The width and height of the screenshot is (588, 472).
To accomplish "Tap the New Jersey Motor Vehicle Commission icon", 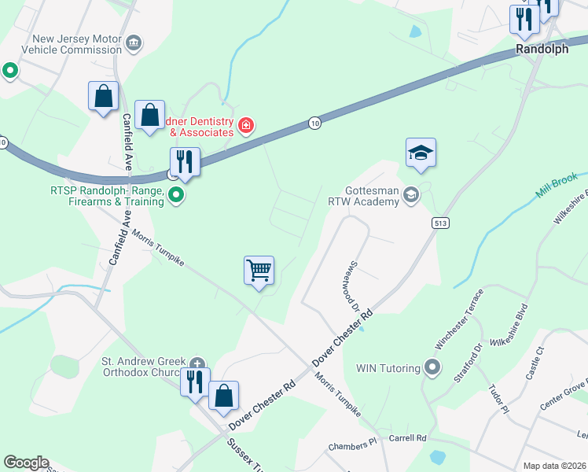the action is point(134,42).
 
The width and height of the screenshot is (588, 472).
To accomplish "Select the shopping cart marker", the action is point(259,271).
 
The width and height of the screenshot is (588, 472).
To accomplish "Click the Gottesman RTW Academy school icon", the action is point(410,194).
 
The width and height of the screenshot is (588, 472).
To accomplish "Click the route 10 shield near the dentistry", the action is point(314,124).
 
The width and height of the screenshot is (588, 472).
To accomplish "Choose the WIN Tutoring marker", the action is point(431,367).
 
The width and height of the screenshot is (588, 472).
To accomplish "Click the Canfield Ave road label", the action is point(127,142).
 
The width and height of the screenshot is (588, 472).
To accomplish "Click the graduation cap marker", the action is point(421,153).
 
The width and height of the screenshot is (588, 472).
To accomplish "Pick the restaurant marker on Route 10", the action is point(184,162).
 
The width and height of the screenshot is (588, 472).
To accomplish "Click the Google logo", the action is point(26,463).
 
